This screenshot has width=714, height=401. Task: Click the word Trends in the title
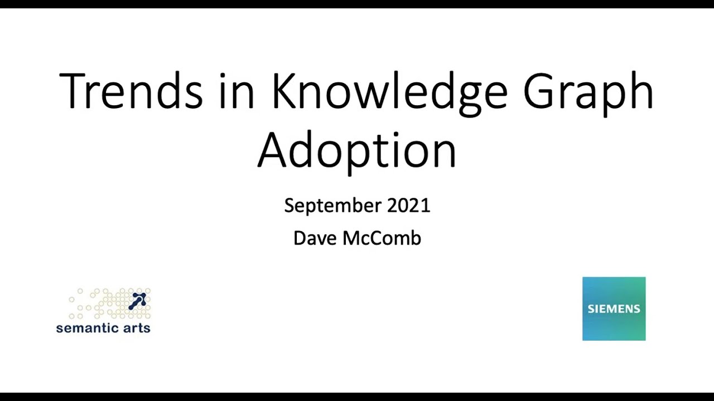(131, 91)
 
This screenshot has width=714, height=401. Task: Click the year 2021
(409, 206)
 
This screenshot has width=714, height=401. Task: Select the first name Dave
(315, 238)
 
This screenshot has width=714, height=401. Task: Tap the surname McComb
(382, 238)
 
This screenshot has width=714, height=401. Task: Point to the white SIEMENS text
(614, 309)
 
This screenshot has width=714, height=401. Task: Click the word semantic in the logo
(87, 328)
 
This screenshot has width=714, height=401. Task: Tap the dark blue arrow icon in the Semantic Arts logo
(138, 301)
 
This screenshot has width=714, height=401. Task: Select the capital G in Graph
(539, 91)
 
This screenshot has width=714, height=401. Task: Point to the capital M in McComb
(352, 238)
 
